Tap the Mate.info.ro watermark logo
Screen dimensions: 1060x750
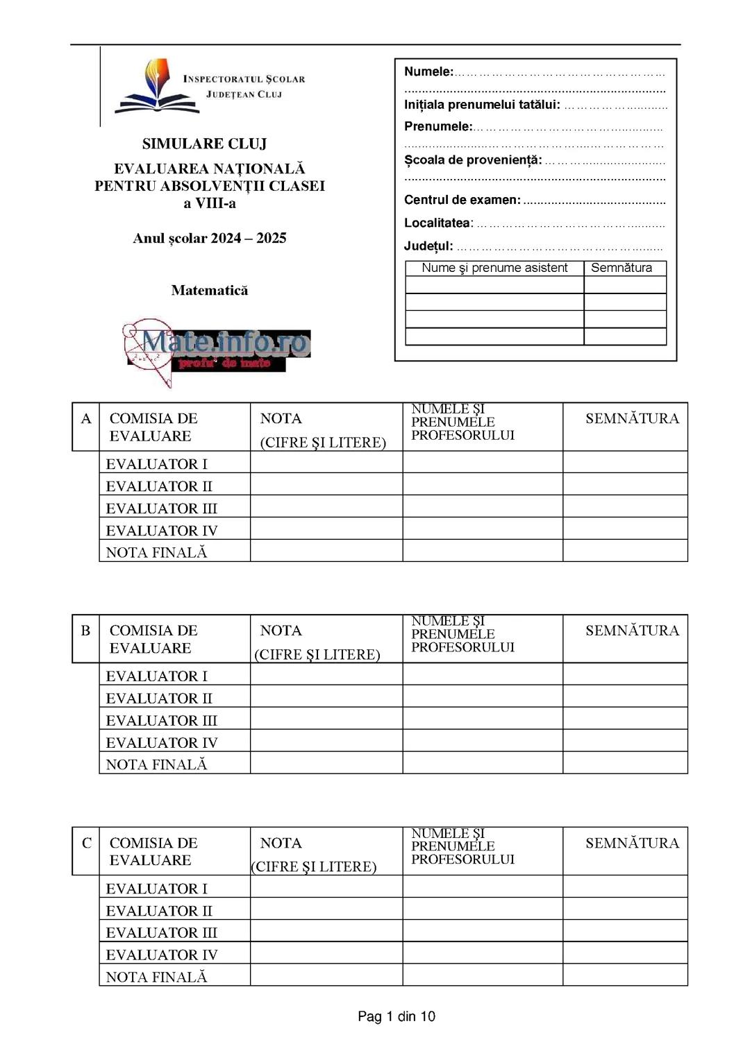point(217,350)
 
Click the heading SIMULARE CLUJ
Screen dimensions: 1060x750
point(204,144)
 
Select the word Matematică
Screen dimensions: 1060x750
point(209,290)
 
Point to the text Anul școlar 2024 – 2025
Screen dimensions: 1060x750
point(209,238)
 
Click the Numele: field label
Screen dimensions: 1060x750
point(428,71)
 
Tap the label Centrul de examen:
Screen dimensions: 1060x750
point(462,200)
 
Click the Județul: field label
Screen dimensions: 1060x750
point(428,246)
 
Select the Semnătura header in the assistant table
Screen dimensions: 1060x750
point(621,268)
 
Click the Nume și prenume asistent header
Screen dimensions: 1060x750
point(494,268)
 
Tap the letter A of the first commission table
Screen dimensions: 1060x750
point(86,418)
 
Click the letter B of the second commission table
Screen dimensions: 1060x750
point(85,631)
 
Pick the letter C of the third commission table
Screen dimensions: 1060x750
point(86,843)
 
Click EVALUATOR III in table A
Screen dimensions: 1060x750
point(161,508)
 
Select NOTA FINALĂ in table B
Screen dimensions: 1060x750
point(156,764)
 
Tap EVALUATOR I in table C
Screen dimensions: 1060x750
point(156,889)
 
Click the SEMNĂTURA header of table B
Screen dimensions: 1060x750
point(631,631)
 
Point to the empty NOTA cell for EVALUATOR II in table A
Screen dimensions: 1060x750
point(326,485)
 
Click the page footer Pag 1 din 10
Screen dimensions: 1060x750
point(396,1016)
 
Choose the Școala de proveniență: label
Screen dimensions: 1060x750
point(472,160)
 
